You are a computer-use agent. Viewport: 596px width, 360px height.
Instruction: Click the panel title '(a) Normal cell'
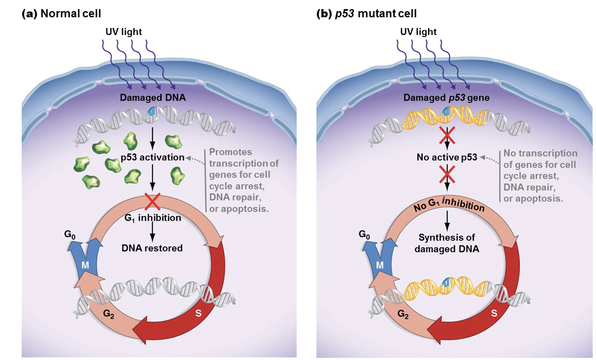pyautogui.click(x=61, y=14)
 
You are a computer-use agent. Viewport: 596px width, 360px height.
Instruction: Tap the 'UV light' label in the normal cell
pyautogui.click(x=124, y=32)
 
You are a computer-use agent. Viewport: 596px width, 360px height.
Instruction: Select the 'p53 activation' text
pyautogui.click(x=151, y=158)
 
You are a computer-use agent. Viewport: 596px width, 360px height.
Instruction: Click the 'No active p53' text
pyautogui.click(x=446, y=158)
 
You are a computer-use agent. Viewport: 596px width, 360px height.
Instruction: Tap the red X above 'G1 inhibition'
pyautogui.click(x=152, y=201)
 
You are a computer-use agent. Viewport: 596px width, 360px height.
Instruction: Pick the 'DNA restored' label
pyautogui.click(x=152, y=248)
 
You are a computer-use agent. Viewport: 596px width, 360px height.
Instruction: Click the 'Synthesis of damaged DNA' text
pyautogui.click(x=446, y=243)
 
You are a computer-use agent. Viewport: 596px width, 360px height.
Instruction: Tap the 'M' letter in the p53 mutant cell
pyautogui.click(x=380, y=266)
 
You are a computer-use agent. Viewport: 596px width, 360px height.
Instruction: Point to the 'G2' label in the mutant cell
pyautogui.click(x=403, y=313)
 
